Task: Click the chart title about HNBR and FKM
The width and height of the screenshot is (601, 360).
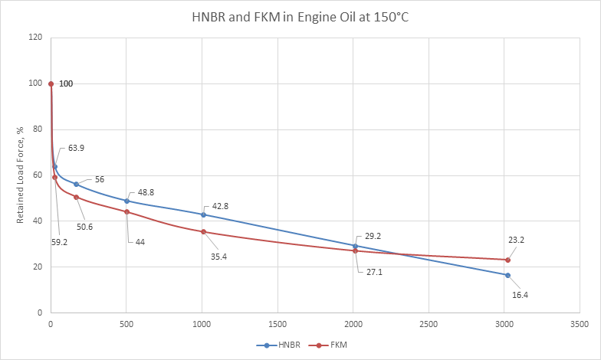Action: coord(300,17)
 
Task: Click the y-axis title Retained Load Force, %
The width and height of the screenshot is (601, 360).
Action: coord(22,175)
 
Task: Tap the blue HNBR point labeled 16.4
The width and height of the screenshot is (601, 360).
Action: coord(507,275)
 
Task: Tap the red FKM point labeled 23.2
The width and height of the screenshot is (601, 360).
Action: coord(507,260)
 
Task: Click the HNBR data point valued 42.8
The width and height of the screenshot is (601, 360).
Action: coord(203,214)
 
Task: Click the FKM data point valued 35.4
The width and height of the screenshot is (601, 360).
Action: coord(203,231)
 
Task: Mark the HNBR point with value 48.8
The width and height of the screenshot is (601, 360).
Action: coord(126,201)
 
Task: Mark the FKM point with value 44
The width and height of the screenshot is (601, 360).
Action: coord(126,212)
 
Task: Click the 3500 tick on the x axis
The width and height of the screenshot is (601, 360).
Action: coord(580,325)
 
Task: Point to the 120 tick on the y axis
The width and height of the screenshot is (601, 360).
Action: coord(34,38)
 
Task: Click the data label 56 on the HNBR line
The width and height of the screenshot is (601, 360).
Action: coord(100,179)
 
